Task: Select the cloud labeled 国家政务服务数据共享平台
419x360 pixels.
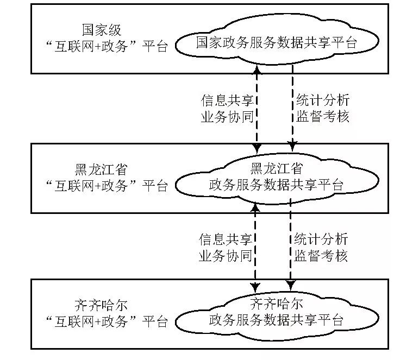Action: tap(277, 42)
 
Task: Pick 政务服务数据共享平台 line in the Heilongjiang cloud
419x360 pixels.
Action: tap(276, 184)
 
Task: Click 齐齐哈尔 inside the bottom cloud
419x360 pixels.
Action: tap(277, 302)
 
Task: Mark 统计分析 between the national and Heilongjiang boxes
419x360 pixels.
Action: tap(322, 100)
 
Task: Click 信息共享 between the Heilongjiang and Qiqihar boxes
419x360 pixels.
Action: tap(226, 239)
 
